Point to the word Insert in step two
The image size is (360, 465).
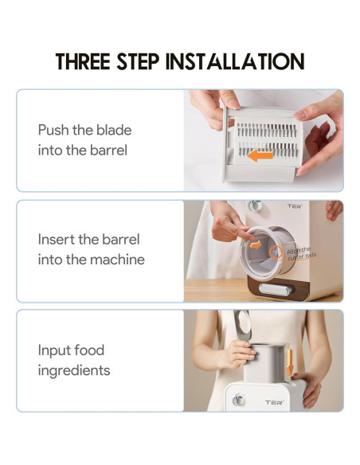point(57,240)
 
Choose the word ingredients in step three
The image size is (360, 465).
point(73,370)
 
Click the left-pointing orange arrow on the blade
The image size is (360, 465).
point(260,155)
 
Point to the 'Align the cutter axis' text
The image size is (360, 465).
point(302,254)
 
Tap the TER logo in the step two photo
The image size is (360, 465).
point(295,207)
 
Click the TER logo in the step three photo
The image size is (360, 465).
point(272,403)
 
